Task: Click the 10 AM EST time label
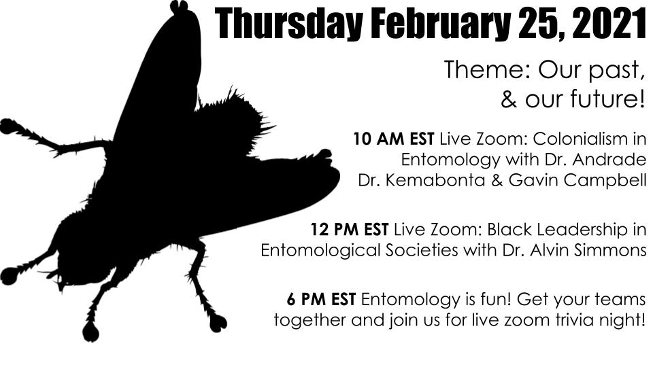[395, 140]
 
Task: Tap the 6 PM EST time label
[322, 298]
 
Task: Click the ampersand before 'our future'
[509, 100]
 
